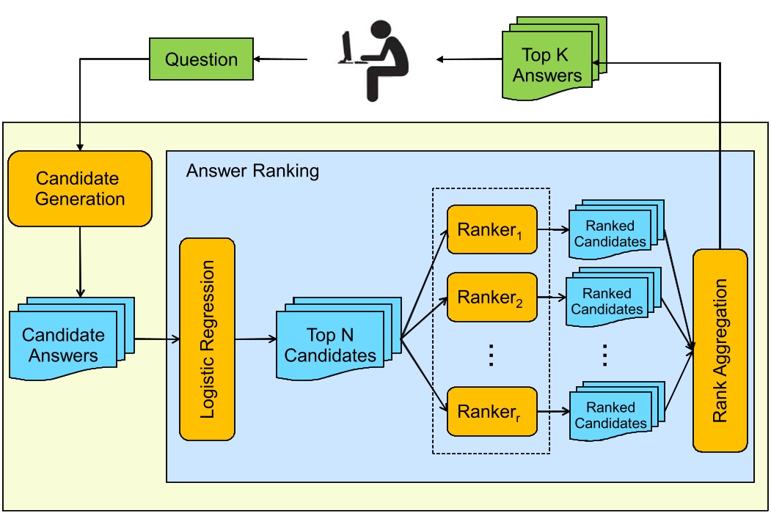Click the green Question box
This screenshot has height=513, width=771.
[x=201, y=59]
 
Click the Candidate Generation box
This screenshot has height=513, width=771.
[x=80, y=188]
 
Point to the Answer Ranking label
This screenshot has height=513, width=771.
[x=252, y=171]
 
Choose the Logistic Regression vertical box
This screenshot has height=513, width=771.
[x=207, y=339]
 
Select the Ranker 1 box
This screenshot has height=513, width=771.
[x=492, y=229]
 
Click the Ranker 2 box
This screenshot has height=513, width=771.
[x=492, y=298]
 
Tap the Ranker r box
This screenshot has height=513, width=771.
[x=492, y=411]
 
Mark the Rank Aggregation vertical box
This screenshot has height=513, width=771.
[x=720, y=350]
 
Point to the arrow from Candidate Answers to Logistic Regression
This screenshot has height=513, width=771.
[x=157, y=339]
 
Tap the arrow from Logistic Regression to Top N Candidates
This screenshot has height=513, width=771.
[x=255, y=339]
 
